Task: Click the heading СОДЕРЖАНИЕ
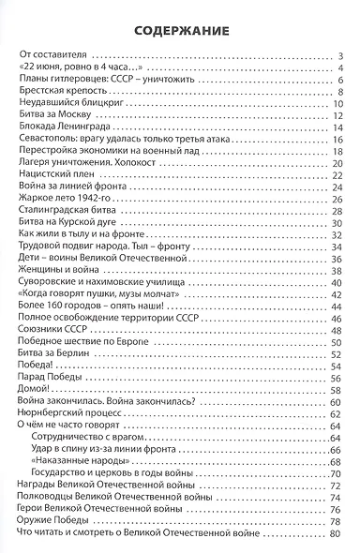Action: [x=180, y=28]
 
